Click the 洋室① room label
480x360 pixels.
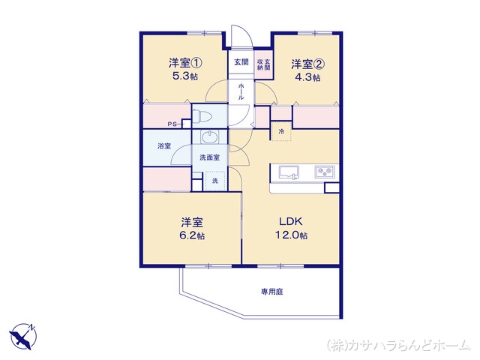pos(185,63)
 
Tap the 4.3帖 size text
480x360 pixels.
pos(307,77)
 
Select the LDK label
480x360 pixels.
pos(291,221)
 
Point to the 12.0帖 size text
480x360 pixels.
pos(291,235)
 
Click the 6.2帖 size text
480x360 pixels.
pos(192,235)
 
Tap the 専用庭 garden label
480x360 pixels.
pos(271,292)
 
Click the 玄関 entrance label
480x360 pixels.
pos(241,62)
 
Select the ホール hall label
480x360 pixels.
pos(241,91)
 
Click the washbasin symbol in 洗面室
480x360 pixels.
pos(210,136)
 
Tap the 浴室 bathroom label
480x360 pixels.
pos(164,146)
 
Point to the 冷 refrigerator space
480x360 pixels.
pos(281,131)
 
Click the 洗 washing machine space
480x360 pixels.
pos(215,181)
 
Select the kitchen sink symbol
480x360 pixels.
pos(289,172)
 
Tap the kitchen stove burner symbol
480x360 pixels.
pos(325,172)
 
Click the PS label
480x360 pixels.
pos(172,124)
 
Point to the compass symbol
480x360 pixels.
pos(23,337)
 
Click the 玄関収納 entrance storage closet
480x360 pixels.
pos(263,64)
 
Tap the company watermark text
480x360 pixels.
pos(398,345)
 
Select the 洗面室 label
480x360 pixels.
pos(210,157)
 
